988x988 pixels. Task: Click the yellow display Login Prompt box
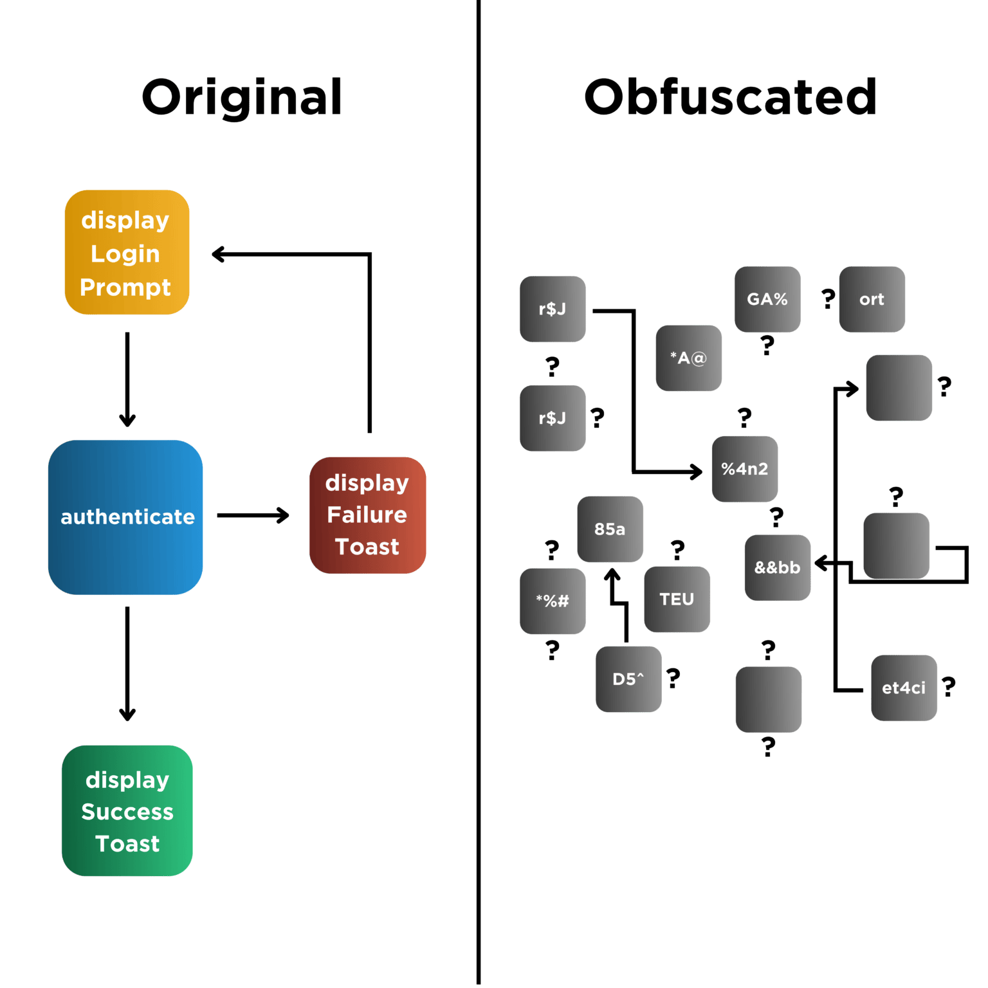[127, 252]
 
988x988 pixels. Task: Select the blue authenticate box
[125, 517]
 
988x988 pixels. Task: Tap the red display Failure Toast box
[367, 515]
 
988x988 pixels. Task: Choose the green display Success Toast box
[127, 810]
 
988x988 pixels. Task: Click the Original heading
[242, 98]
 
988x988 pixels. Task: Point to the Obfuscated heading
[730, 98]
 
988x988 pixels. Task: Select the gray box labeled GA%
[767, 299]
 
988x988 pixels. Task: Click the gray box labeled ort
[872, 299]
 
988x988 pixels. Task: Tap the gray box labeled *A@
[688, 358]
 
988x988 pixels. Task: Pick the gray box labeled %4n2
[744, 469]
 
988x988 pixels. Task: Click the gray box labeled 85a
[610, 529]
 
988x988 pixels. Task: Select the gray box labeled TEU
[677, 599]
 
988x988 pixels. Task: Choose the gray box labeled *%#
[552, 601]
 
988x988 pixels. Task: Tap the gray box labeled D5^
[628, 679]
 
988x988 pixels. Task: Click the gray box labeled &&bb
[777, 568]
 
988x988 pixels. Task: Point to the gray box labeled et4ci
[904, 688]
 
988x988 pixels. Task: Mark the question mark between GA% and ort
[828, 298]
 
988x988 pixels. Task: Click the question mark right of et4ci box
[949, 687]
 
